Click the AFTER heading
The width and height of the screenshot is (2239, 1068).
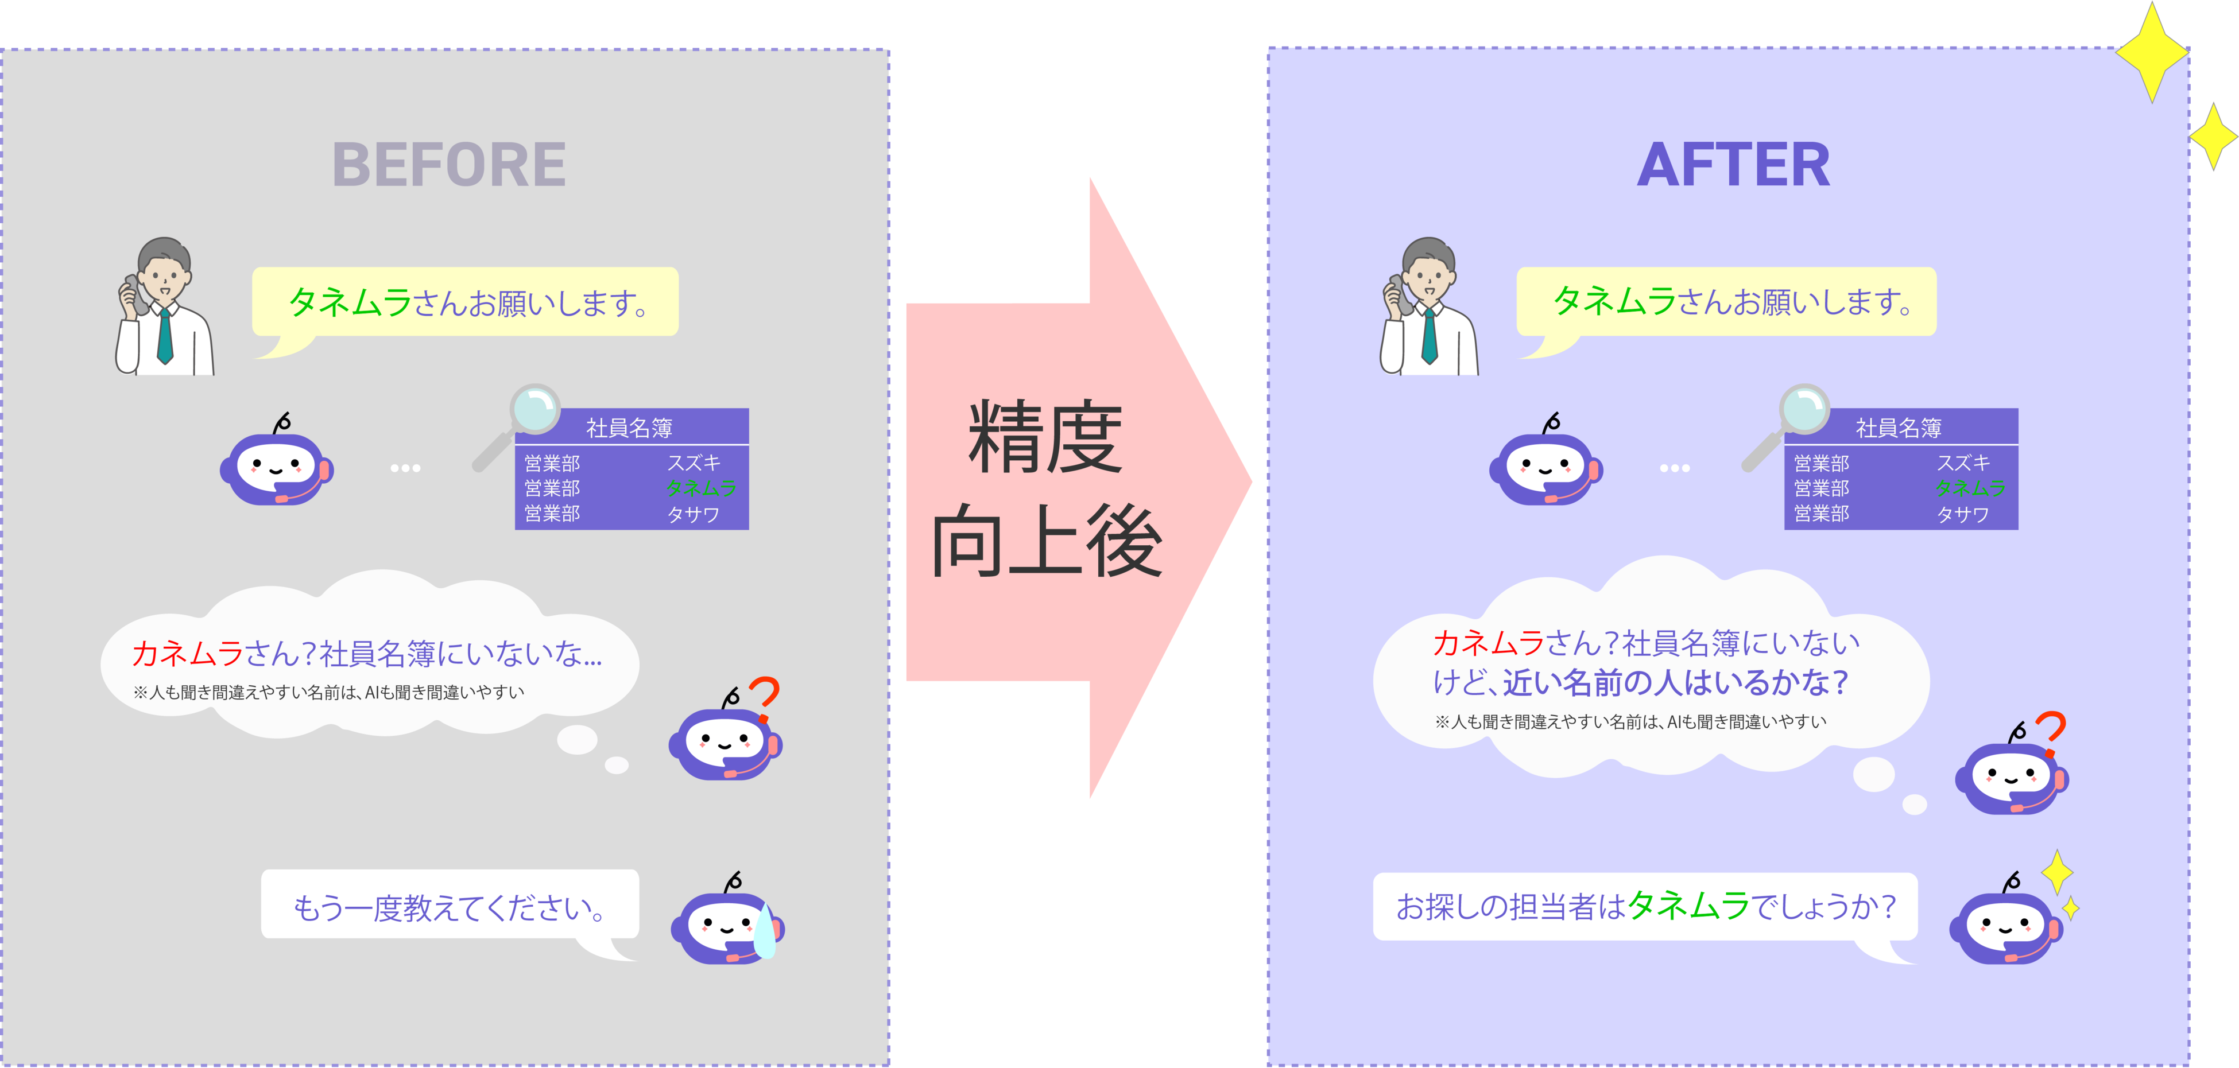(1733, 165)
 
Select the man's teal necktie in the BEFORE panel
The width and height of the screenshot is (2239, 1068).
(164, 335)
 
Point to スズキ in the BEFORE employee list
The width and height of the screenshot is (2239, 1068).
(694, 463)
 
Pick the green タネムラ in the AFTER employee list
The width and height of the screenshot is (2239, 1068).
(1970, 488)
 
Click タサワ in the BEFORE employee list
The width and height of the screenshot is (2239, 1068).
(693, 514)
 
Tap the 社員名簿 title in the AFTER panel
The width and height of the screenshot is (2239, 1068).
(1899, 428)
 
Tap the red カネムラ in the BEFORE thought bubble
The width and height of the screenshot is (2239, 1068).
(188, 654)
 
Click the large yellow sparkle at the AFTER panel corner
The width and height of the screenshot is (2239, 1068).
(2152, 52)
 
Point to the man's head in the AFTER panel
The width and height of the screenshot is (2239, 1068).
(1428, 269)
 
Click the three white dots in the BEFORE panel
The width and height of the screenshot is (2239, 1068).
(405, 468)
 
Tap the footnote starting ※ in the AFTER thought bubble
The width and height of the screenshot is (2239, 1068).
(1630, 722)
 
